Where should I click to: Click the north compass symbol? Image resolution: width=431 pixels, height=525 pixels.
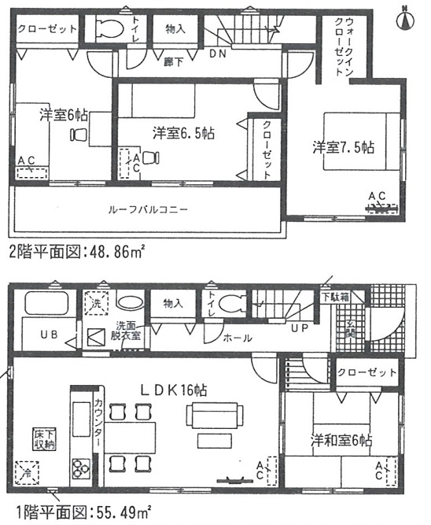tap(407, 17)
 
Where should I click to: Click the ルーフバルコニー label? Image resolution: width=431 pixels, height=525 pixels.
tap(148, 210)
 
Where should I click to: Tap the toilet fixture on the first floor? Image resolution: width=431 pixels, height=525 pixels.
tap(230, 304)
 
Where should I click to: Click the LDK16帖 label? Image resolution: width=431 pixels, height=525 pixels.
tap(174, 390)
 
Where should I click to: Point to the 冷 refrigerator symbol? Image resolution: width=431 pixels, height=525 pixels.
tap(26, 475)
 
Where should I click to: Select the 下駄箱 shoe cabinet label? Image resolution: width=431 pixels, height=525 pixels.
tap(336, 298)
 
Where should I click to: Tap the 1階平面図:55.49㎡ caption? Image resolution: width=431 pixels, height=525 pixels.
tap(76, 510)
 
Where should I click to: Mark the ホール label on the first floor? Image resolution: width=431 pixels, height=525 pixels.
tap(237, 338)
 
